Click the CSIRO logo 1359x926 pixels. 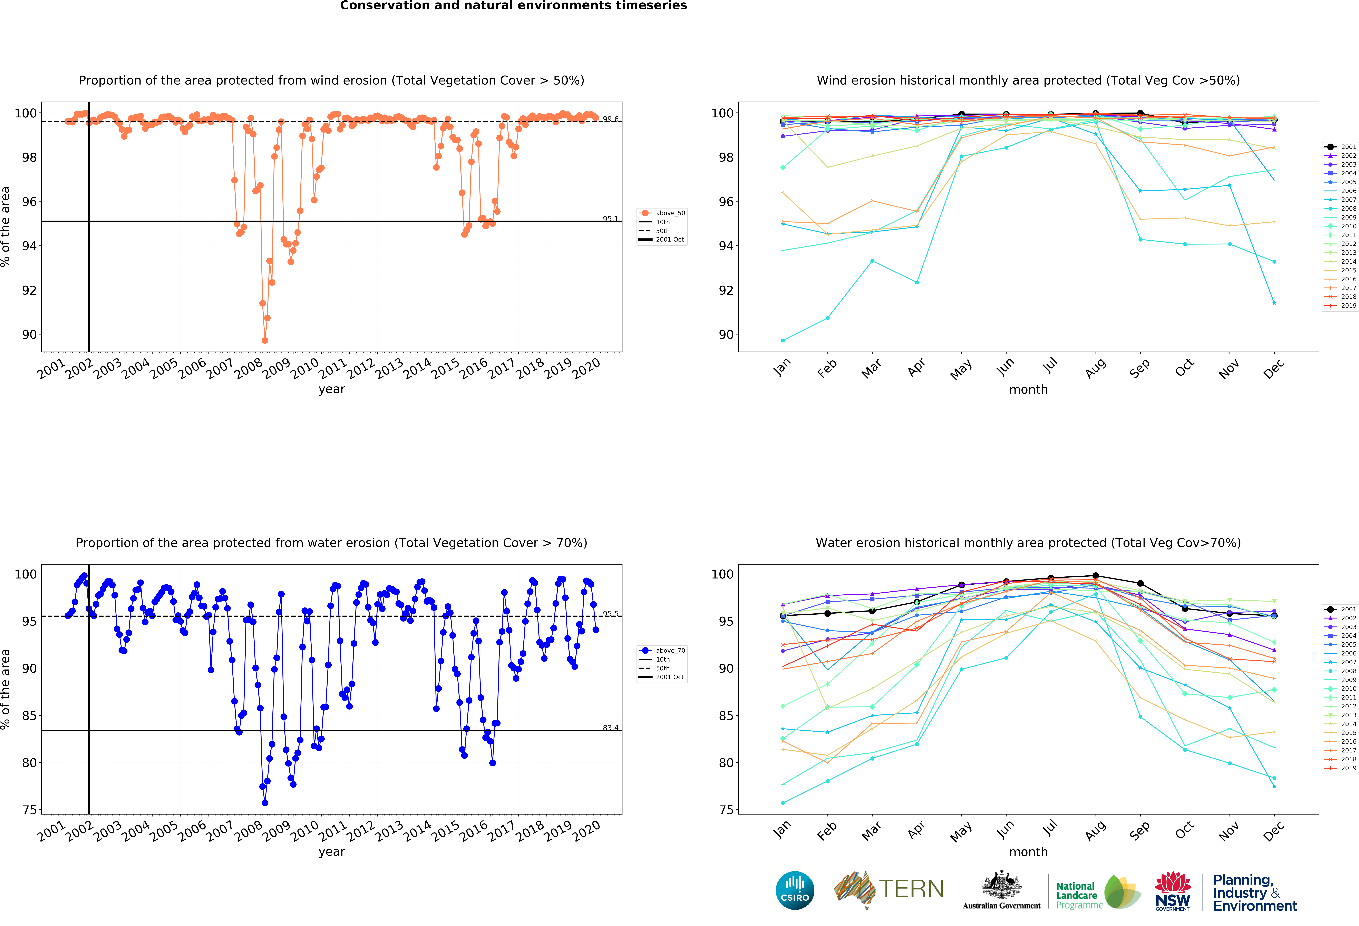tap(795, 890)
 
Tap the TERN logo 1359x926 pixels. tap(889, 889)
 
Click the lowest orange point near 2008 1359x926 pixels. tap(265, 340)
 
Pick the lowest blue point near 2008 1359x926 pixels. tap(265, 803)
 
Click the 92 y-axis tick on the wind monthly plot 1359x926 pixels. tap(725, 291)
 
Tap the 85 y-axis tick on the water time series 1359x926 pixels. tap(29, 715)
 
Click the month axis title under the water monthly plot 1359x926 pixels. tap(1028, 852)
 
